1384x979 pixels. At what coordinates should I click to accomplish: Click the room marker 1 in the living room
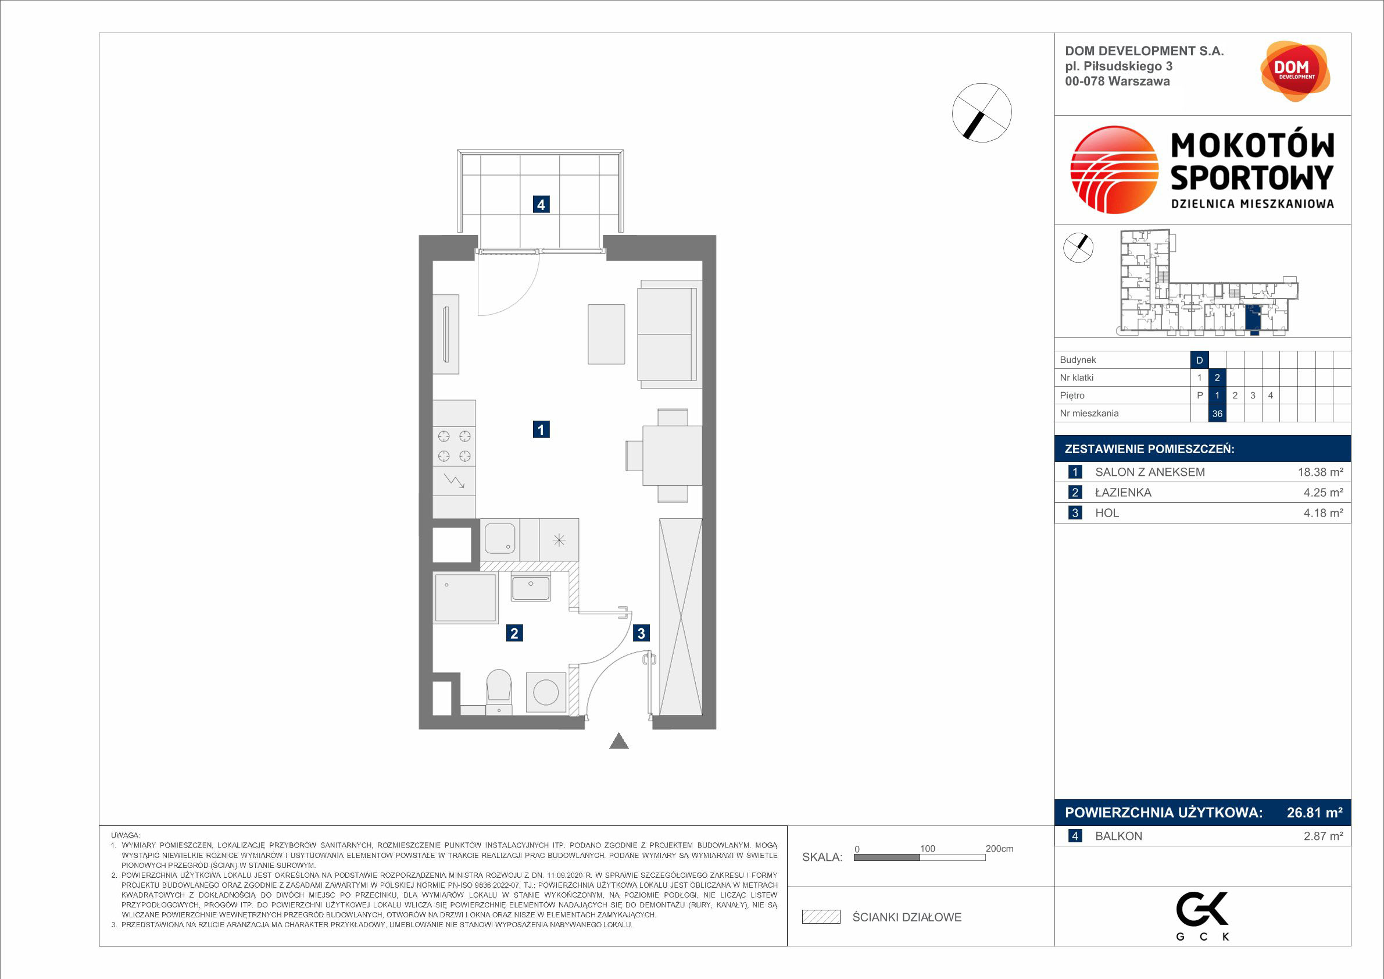click(541, 429)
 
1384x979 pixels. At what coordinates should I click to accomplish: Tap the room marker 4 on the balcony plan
click(541, 205)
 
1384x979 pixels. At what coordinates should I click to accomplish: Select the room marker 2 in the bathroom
click(514, 633)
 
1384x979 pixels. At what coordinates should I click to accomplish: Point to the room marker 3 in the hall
click(641, 633)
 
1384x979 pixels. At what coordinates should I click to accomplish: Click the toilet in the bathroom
click(499, 691)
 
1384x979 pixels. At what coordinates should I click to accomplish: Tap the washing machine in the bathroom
click(546, 692)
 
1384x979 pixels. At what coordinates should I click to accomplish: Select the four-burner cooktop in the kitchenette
click(454, 446)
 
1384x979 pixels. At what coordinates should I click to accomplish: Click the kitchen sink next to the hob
click(500, 539)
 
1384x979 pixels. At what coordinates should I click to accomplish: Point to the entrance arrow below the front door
click(619, 741)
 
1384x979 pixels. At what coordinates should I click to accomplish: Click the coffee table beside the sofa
click(606, 334)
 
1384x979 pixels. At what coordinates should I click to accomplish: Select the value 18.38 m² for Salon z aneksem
click(1320, 472)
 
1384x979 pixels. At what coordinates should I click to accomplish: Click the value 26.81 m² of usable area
click(1315, 813)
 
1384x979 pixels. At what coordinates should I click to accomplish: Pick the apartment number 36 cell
click(1217, 413)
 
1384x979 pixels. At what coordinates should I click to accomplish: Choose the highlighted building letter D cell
click(1200, 360)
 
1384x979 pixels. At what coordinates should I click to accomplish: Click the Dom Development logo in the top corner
click(1295, 71)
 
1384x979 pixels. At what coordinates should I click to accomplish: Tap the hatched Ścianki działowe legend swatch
click(821, 917)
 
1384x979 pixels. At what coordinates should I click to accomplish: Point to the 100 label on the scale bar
click(927, 849)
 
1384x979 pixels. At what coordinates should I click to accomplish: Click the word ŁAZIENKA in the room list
click(1123, 493)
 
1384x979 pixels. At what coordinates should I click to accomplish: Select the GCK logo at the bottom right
click(1203, 916)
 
